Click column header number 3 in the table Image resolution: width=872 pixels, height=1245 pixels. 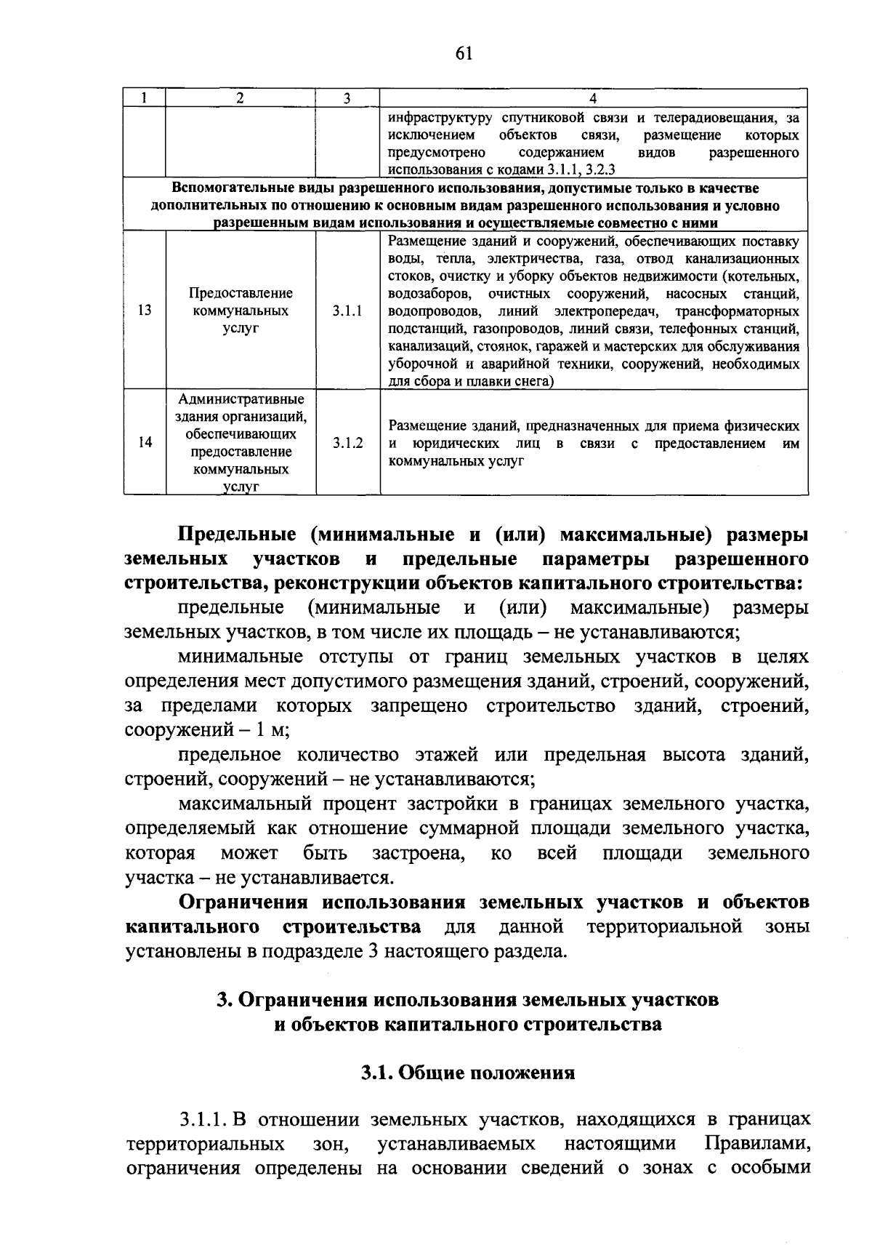[x=347, y=98]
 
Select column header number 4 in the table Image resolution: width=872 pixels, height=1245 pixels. [x=593, y=98]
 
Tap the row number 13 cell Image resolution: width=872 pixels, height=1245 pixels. [x=145, y=311]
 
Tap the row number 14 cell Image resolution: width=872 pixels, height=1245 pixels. [x=145, y=442]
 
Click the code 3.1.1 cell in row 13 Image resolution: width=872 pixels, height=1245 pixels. [x=347, y=311]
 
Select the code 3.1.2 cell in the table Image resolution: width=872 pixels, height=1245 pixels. [x=347, y=442]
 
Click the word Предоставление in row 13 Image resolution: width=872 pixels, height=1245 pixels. [x=241, y=293]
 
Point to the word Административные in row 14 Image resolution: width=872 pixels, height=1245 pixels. [x=241, y=399]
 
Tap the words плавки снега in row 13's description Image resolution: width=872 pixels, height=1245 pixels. [x=515, y=381]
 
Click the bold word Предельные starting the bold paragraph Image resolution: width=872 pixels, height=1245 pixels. [x=238, y=535]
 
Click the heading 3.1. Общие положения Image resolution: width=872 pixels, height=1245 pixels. [x=468, y=1073]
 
